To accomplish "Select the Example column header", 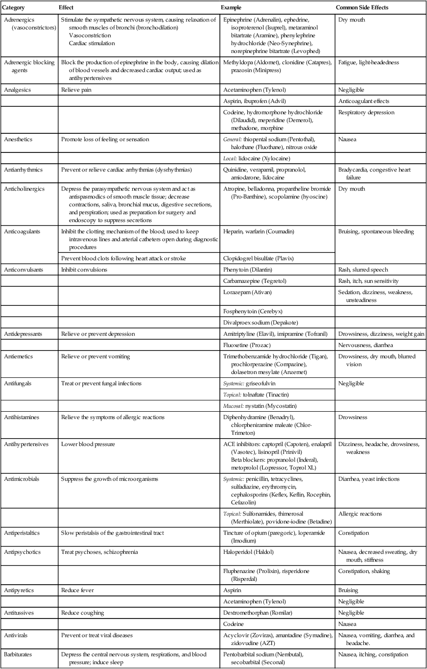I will click(x=232, y=8).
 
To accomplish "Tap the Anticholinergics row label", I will click(x=23, y=189).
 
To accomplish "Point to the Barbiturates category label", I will click(x=19, y=654).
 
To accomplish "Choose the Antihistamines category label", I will click(x=22, y=417).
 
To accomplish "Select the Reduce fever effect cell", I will click(x=77, y=591).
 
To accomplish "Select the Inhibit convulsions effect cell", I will click(x=84, y=269).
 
